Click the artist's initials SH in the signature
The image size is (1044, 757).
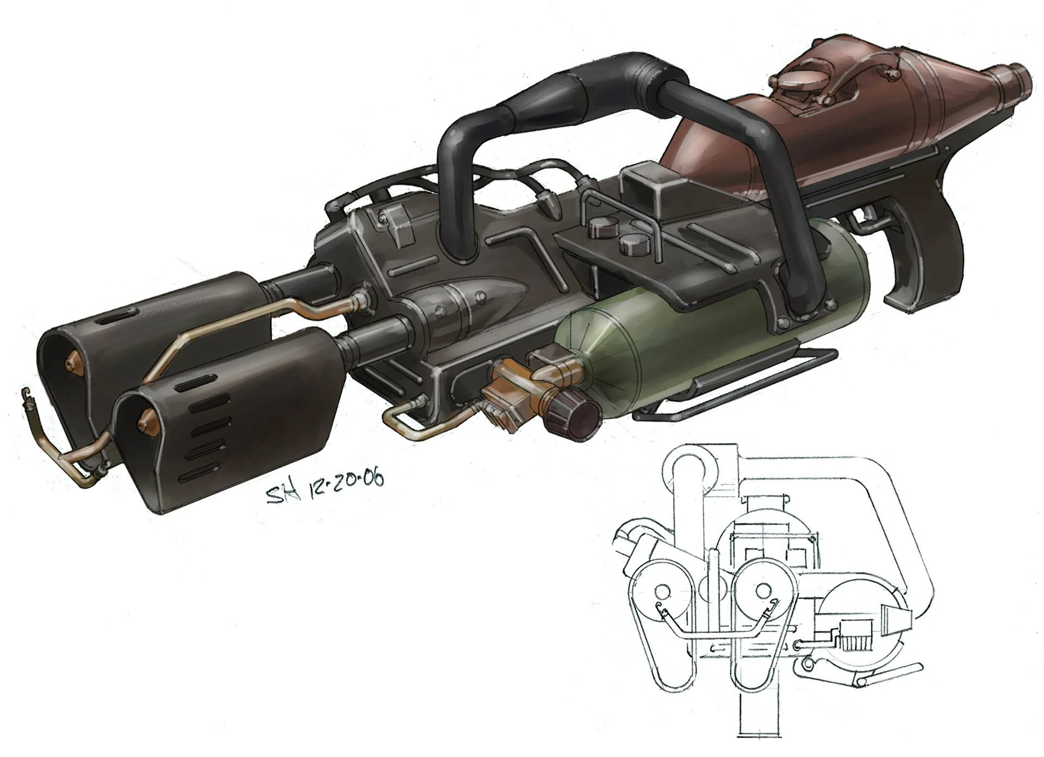point(283,494)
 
